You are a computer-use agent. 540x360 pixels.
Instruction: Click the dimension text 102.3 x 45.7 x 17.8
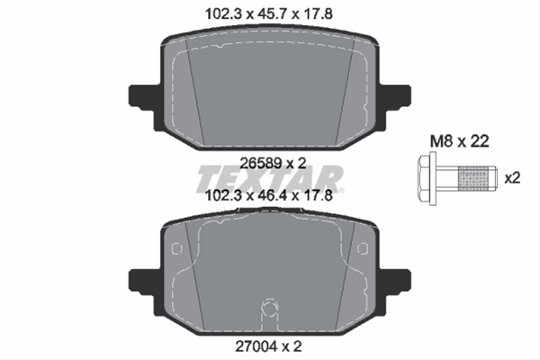[268, 14]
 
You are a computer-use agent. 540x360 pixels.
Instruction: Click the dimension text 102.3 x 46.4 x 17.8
[268, 195]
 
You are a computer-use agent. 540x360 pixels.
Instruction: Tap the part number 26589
[261, 163]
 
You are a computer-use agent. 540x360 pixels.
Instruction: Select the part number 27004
[256, 346]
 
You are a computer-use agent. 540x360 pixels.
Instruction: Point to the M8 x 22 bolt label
[459, 141]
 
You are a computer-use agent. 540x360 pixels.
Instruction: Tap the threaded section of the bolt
[473, 179]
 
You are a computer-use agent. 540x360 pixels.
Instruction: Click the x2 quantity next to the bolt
[512, 178]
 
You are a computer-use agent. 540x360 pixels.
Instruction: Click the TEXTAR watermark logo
[270, 179]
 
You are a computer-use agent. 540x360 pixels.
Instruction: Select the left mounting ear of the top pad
[141, 97]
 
